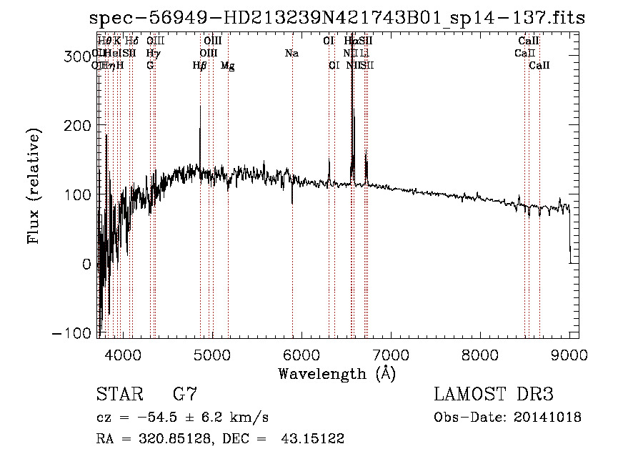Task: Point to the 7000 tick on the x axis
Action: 391,355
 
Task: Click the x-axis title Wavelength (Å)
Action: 337,373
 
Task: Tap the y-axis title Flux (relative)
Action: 34,186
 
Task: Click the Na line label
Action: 291,54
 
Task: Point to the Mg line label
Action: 228,66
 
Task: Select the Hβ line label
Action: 200,66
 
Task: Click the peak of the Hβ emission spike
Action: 200,107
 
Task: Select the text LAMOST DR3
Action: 493,395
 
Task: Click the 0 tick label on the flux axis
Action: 86,265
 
